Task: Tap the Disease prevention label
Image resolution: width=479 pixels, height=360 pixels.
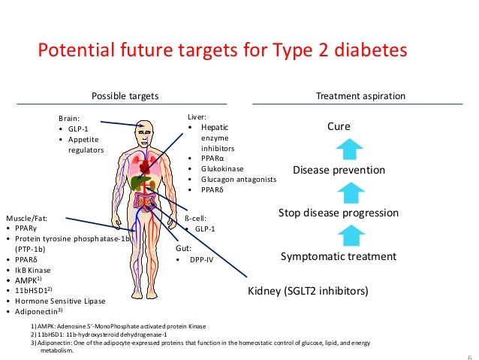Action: point(339,170)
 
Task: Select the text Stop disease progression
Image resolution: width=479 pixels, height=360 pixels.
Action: point(338,213)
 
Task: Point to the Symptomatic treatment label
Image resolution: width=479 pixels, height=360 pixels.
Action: point(338,256)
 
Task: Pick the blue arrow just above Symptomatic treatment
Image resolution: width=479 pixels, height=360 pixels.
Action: point(339,234)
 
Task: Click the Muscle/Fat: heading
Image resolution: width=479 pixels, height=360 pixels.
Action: point(28,217)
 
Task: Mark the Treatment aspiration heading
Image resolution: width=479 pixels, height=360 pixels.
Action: point(361,96)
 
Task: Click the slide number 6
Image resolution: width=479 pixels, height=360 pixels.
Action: point(469,356)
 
